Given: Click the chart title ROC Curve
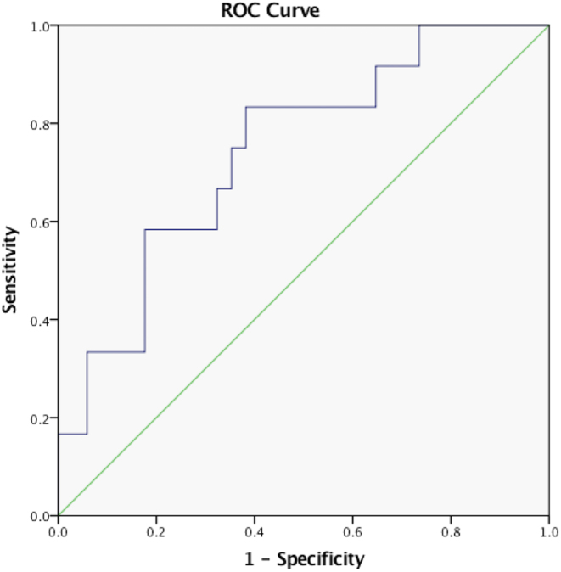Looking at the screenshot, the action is [270, 10].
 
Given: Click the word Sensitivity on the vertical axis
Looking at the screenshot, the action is [10, 270].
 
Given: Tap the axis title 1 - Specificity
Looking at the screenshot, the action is [304, 559].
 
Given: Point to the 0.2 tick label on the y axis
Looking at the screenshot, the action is [39, 419].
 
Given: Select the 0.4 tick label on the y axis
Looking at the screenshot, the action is [39, 321].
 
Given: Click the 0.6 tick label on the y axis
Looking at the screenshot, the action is [39, 223].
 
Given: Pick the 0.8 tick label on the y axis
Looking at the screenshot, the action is [39, 125].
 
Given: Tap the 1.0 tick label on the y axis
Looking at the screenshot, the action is [39, 26].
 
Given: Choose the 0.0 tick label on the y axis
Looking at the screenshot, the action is [39, 517].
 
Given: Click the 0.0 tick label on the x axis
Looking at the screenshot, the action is [58, 532].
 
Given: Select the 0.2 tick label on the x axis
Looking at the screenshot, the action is [156, 532].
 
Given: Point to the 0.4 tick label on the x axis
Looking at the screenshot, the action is [255, 532].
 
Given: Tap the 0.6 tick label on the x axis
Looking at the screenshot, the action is [352, 532].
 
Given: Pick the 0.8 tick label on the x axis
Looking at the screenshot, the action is [451, 532].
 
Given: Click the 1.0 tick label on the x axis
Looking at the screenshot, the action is [549, 532].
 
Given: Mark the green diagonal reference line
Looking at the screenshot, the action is [304, 271].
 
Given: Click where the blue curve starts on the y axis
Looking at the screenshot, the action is [59, 435].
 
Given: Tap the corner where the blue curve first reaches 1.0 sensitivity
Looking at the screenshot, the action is [419, 25].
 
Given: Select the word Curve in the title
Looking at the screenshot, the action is [294, 10].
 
